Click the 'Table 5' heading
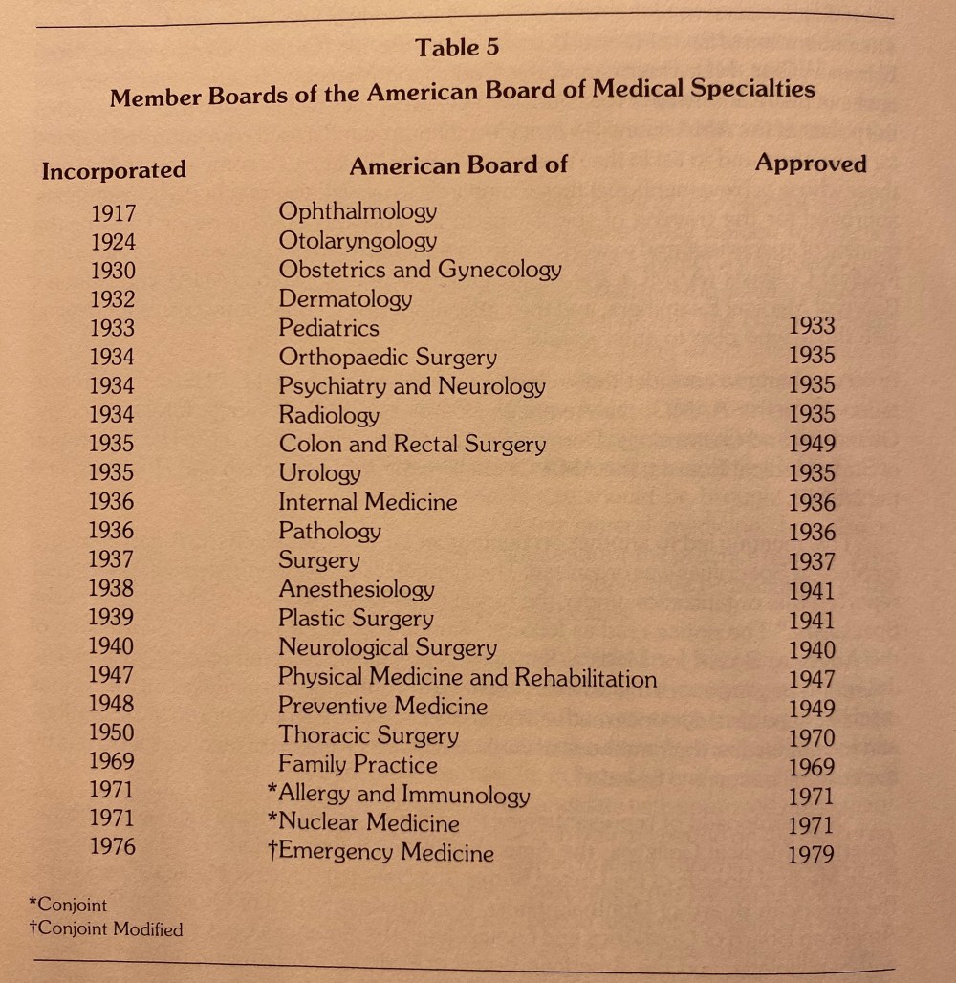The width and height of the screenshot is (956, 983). point(457,47)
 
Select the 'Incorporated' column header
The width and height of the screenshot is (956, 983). point(114,170)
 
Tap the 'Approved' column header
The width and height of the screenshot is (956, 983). point(810,163)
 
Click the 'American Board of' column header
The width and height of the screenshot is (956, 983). point(458,165)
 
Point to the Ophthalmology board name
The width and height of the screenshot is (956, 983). point(358,211)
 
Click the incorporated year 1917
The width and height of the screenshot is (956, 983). point(113,213)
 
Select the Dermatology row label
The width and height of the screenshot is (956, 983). point(345,299)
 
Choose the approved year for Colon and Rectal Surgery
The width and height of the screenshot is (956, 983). point(812,444)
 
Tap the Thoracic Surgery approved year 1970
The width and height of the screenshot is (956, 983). point(812,738)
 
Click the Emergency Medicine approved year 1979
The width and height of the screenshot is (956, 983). point(812,855)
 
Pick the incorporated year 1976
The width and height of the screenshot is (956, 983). point(112,847)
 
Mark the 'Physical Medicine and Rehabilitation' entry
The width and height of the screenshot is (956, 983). point(467,678)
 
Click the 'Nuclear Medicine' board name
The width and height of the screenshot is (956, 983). point(368,823)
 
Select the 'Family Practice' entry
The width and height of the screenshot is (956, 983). point(358,765)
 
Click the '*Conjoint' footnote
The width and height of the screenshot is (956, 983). point(69,905)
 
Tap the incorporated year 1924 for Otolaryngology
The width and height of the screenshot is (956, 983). point(113,242)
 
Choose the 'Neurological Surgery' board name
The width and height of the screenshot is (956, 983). point(387,648)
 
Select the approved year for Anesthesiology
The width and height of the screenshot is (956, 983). point(812,592)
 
